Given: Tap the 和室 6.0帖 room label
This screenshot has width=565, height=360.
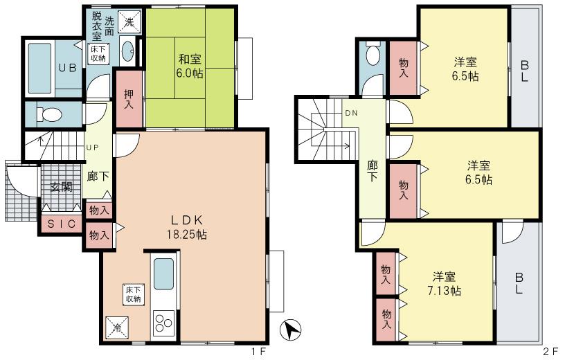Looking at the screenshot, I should pyautogui.click(x=189, y=66).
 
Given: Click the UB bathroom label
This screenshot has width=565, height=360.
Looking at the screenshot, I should pyautogui.click(x=66, y=69).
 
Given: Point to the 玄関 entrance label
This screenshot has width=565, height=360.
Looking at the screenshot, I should pyautogui.click(x=60, y=186).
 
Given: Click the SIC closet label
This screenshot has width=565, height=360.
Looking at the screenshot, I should pyautogui.click(x=61, y=224).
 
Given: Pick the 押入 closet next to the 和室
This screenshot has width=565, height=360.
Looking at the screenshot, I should pyautogui.click(x=129, y=99).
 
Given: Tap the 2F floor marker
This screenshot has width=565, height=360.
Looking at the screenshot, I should pyautogui.click(x=550, y=352).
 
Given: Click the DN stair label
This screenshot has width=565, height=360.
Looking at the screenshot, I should pyautogui.click(x=351, y=113).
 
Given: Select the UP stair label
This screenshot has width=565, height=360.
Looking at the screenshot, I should pyautogui.click(x=92, y=147).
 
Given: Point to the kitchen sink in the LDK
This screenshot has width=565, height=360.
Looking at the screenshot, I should pyautogui.click(x=164, y=273).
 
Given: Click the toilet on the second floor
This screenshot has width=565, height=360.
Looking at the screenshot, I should pyautogui.click(x=372, y=56).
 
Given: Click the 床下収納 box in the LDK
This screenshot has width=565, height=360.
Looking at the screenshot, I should pyautogui.click(x=133, y=294).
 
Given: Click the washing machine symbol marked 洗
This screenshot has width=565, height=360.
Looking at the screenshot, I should pyautogui.click(x=129, y=22).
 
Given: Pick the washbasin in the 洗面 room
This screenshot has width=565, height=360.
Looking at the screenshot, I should pyautogui.click(x=128, y=50).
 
